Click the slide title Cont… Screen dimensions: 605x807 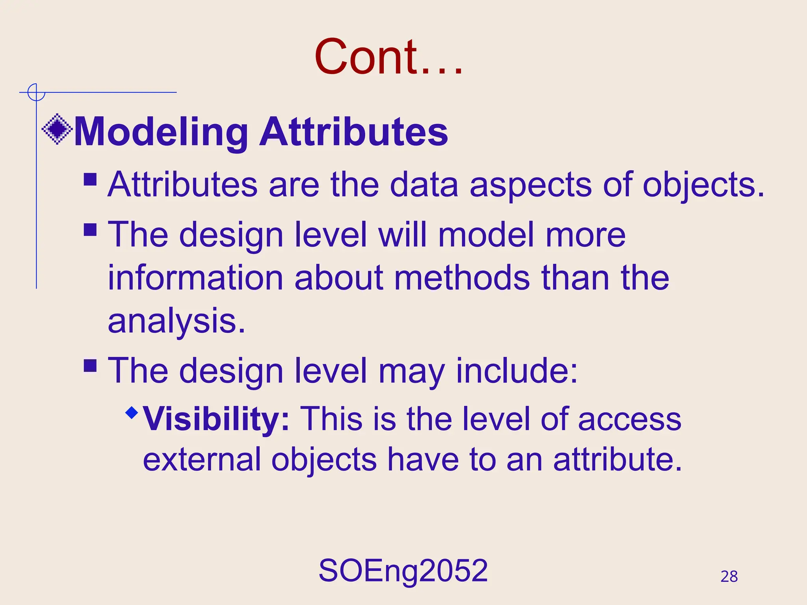pyautogui.click(x=388, y=57)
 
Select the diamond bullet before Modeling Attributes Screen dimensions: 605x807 pyautogui.click(x=57, y=129)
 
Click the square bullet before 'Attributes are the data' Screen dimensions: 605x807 pyautogui.click(x=90, y=180)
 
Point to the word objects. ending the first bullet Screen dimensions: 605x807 pyautogui.click(x=703, y=185)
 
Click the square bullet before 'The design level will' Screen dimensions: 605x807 pyautogui.click(x=90, y=230)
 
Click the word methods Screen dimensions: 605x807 pyautogui.click(x=462, y=278)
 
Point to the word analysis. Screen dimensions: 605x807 pyautogui.click(x=177, y=321)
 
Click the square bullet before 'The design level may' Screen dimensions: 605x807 pyautogui.click(x=90, y=366)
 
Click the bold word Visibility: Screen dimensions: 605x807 pyautogui.click(x=216, y=419)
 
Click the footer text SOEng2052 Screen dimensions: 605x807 pyautogui.click(x=403, y=571)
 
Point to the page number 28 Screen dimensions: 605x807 pyautogui.click(x=729, y=577)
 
